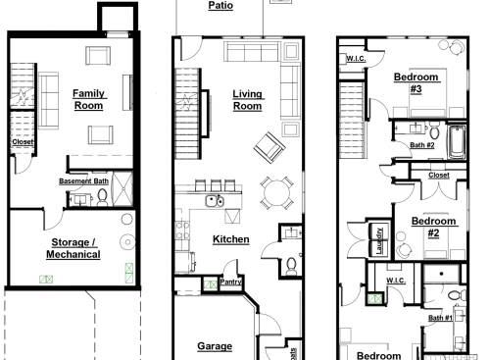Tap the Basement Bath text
tap(84, 181)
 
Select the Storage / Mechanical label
tap(73, 248)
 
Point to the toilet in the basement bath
tap(102, 197)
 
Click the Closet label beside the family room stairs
tap(23, 142)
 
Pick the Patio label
tap(220, 5)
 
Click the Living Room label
tap(246, 100)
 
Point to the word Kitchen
tap(230, 239)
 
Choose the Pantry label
tap(231, 282)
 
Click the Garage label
tap(215, 346)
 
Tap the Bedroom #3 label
tap(416, 81)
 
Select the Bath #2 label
tap(422, 145)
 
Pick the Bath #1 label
tap(440, 318)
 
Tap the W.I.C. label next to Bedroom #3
tap(356, 59)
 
